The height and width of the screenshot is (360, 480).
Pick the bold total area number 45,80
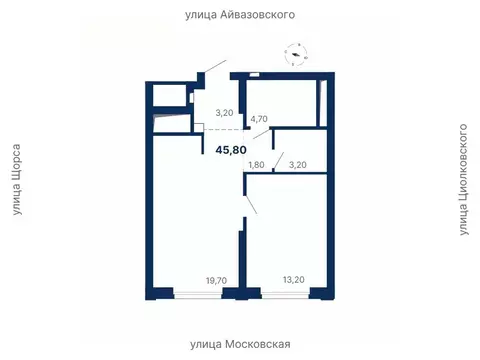pyautogui.click(x=231, y=150)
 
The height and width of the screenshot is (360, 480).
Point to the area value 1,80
pyautogui.click(x=256, y=164)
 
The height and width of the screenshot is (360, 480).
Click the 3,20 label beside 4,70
pyautogui.click(x=225, y=114)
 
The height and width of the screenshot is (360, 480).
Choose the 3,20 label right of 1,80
pyautogui.click(x=298, y=164)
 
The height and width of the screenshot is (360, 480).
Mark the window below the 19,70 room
pyautogui.click(x=195, y=293)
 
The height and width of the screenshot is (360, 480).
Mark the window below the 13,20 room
pyautogui.click(x=285, y=293)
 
